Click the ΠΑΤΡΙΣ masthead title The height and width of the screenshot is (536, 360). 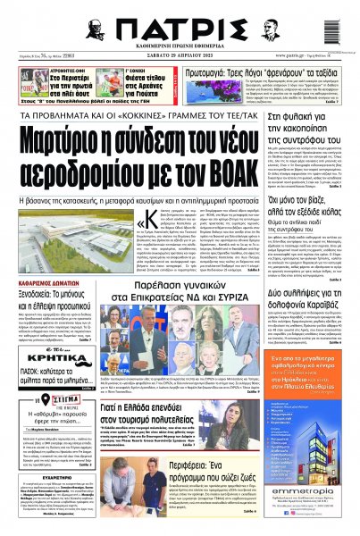(180, 27)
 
